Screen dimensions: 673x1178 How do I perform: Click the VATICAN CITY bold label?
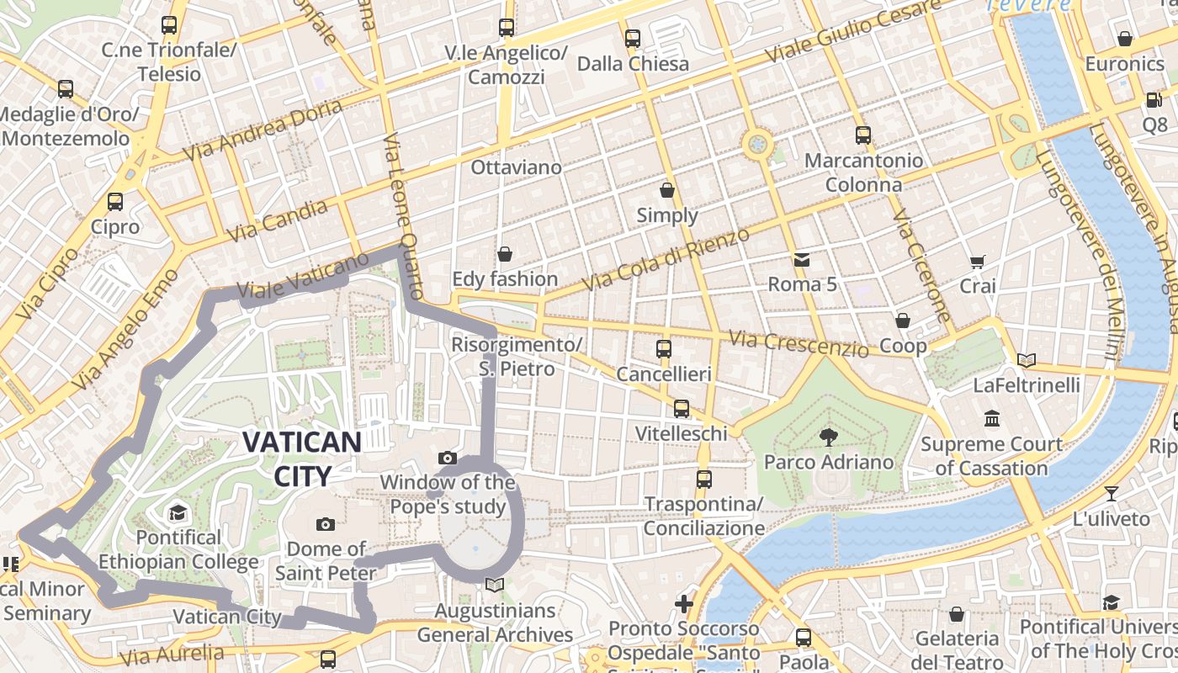(x=302, y=458)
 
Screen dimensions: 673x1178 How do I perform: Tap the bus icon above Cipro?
(x=115, y=202)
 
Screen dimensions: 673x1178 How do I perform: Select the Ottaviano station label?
(x=516, y=167)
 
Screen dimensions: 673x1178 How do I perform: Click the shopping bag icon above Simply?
(x=667, y=190)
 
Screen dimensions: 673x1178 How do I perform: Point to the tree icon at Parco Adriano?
(x=828, y=437)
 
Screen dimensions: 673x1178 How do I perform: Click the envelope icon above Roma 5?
(x=801, y=259)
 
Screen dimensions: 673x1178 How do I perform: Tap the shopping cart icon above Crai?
(x=977, y=262)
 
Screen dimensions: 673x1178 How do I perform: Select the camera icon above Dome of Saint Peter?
(x=326, y=524)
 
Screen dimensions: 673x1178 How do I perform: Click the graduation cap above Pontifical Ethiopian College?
(x=178, y=512)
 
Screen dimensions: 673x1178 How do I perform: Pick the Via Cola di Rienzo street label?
(x=665, y=260)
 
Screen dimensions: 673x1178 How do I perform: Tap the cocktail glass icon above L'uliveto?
(x=1111, y=494)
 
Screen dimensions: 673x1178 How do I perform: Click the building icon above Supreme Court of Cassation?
(x=991, y=418)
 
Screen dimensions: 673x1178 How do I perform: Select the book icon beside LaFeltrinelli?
(x=1026, y=361)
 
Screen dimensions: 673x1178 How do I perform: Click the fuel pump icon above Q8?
(x=1154, y=99)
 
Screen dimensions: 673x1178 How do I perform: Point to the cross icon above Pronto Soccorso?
(x=683, y=603)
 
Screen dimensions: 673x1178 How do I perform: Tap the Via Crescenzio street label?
(x=799, y=342)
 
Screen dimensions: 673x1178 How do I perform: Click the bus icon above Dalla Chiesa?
(x=632, y=39)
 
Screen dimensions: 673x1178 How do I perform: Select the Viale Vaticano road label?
(x=303, y=276)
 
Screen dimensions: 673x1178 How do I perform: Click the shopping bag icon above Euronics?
(x=1124, y=39)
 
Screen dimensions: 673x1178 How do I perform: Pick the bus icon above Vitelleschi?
(x=681, y=409)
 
